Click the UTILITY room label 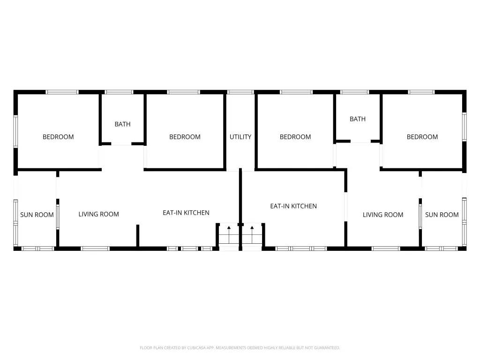240,137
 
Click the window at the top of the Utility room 240,92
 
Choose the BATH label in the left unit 122,124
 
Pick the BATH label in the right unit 358,119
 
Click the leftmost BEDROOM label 58,137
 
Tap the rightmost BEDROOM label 422,137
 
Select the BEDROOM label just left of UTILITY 185,137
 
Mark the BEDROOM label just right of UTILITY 295,137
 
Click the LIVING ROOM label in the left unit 98,214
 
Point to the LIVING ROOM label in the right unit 383,215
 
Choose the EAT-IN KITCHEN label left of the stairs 186,213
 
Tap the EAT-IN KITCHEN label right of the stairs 293,206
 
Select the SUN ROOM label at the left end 37,215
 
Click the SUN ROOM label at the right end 442,215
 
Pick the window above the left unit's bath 119,92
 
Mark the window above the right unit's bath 355,92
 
